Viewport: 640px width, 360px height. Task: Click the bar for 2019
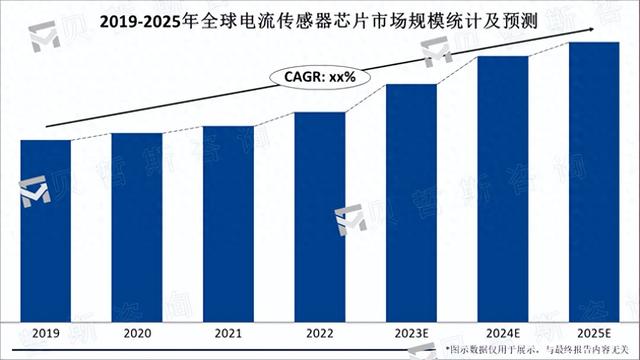(46, 229)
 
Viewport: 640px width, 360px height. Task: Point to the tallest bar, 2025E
(594, 180)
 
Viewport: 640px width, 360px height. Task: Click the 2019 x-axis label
(46, 334)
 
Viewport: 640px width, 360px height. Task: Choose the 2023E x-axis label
(411, 334)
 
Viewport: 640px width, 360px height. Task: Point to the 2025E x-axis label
(594, 334)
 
